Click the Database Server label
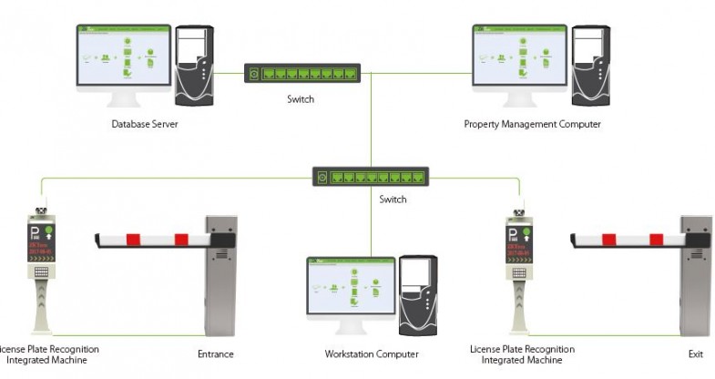[144, 124]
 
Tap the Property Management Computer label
[532, 124]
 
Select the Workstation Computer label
[372, 353]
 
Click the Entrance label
[216, 353]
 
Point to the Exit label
[697, 353]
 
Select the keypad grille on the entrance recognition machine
[42, 271]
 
